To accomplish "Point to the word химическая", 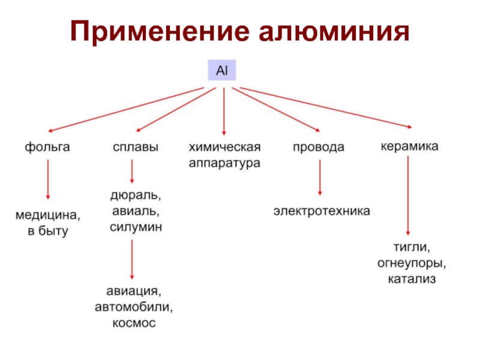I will (225, 147).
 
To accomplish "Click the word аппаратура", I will (225, 163).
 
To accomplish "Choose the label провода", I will (319, 147).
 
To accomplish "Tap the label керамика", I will (410, 146).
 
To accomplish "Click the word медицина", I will (48, 215).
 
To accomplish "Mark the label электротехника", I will (322, 211).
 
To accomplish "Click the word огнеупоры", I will (412, 263).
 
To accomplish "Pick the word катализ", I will (412, 279).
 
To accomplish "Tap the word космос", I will (133, 323).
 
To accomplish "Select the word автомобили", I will (133, 308).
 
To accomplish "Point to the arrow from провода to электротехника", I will (319, 178).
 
